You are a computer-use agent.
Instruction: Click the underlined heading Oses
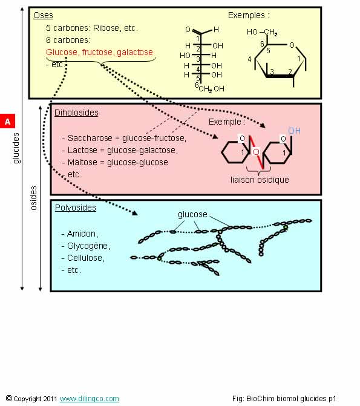click(x=43, y=15)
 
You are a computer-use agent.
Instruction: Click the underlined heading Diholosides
click(x=76, y=113)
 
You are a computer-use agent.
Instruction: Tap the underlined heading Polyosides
click(x=76, y=208)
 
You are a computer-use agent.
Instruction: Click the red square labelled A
click(x=7, y=121)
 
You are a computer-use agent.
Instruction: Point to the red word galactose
click(x=135, y=52)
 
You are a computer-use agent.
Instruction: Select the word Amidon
click(x=81, y=234)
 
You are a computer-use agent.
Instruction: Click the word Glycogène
click(x=88, y=246)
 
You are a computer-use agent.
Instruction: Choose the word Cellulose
click(x=85, y=258)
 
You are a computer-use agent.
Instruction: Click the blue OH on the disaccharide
click(x=294, y=131)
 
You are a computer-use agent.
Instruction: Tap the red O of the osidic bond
click(x=256, y=151)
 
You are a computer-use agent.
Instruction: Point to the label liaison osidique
click(x=260, y=180)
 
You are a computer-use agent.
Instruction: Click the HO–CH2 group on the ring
click(x=262, y=32)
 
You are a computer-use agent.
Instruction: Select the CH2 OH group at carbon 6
click(x=211, y=89)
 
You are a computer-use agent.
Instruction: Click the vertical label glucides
click(x=16, y=148)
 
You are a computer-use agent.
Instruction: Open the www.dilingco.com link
click(x=90, y=399)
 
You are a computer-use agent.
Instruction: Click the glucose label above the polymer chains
click(x=192, y=214)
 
